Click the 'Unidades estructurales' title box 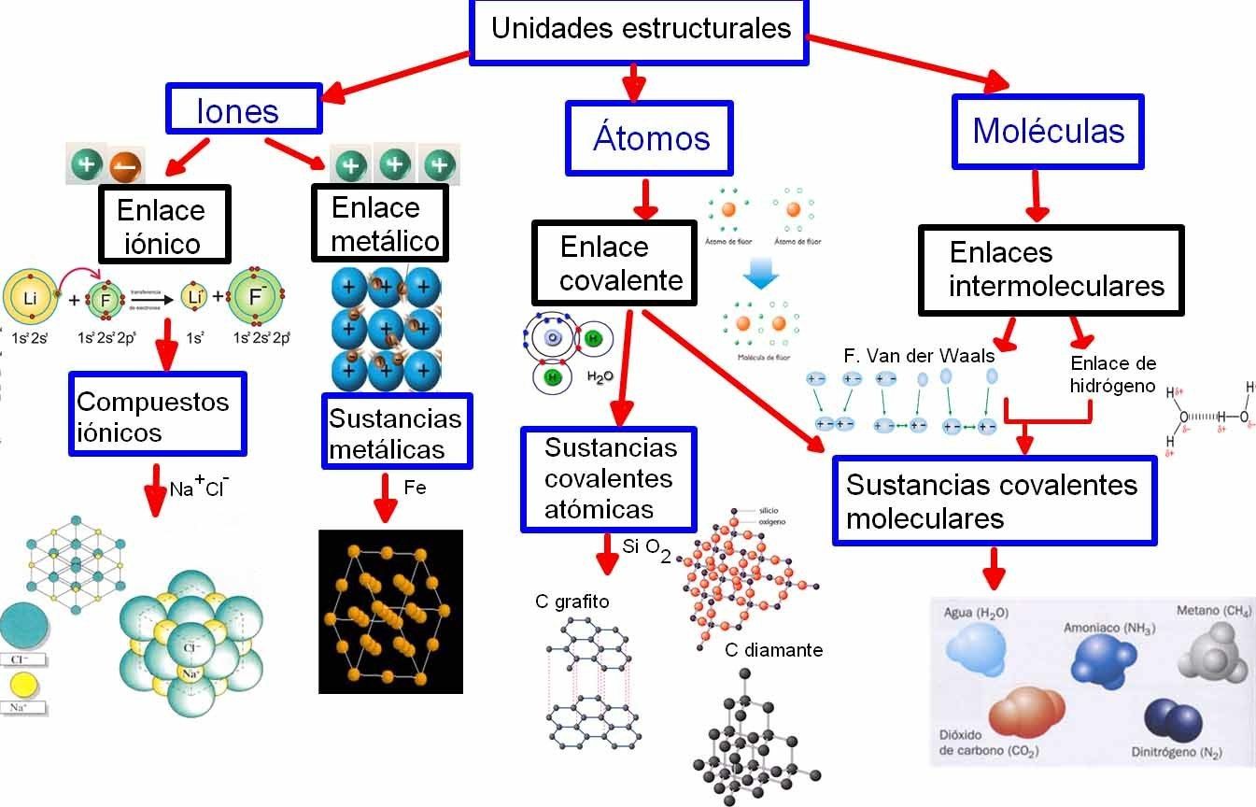640,30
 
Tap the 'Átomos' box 650,137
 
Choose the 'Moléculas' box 1048,131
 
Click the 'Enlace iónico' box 163,227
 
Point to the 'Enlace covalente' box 615,263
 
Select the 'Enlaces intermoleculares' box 1051,269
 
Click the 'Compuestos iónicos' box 157,416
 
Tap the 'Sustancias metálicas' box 396,432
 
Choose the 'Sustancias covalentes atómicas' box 609,478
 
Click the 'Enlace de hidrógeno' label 1112,374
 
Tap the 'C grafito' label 572,602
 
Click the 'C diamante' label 773,650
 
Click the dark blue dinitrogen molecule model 1173,722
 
